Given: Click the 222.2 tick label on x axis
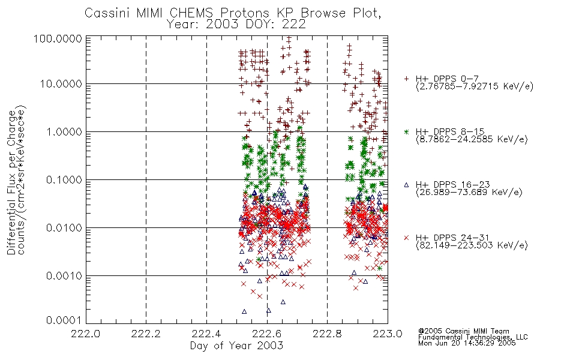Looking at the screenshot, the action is (x=146, y=334).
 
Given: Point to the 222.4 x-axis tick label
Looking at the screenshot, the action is (x=206, y=334).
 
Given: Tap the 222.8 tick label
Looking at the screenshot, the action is (x=327, y=334).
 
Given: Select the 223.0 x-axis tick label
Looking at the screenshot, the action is (x=388, y=334).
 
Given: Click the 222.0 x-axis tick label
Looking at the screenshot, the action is (x=85, y=334).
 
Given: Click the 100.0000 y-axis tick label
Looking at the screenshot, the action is (x=58, y=38).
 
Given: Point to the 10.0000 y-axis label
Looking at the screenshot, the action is (x=61, y=84).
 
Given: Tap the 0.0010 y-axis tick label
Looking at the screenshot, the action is (x=64, y=276).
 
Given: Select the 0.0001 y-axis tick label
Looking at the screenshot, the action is (x=64, y=320).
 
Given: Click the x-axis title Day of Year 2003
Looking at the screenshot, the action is (x=236, y=346).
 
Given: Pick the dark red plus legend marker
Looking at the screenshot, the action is (x=406, y=79).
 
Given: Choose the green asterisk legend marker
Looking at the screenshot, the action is (x=406, y=131).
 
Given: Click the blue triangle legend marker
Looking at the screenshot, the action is (x=406, y=185).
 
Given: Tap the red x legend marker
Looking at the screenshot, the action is (x=406, y=238).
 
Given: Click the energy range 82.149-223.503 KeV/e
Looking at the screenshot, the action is (x=472, y=245).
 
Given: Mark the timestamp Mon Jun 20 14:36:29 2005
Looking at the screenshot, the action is (x=467, y=343).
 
